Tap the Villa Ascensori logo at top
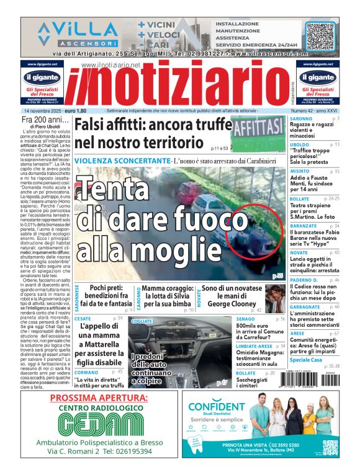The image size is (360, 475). (78, 34)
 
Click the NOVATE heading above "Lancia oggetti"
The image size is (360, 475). (299, 253)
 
